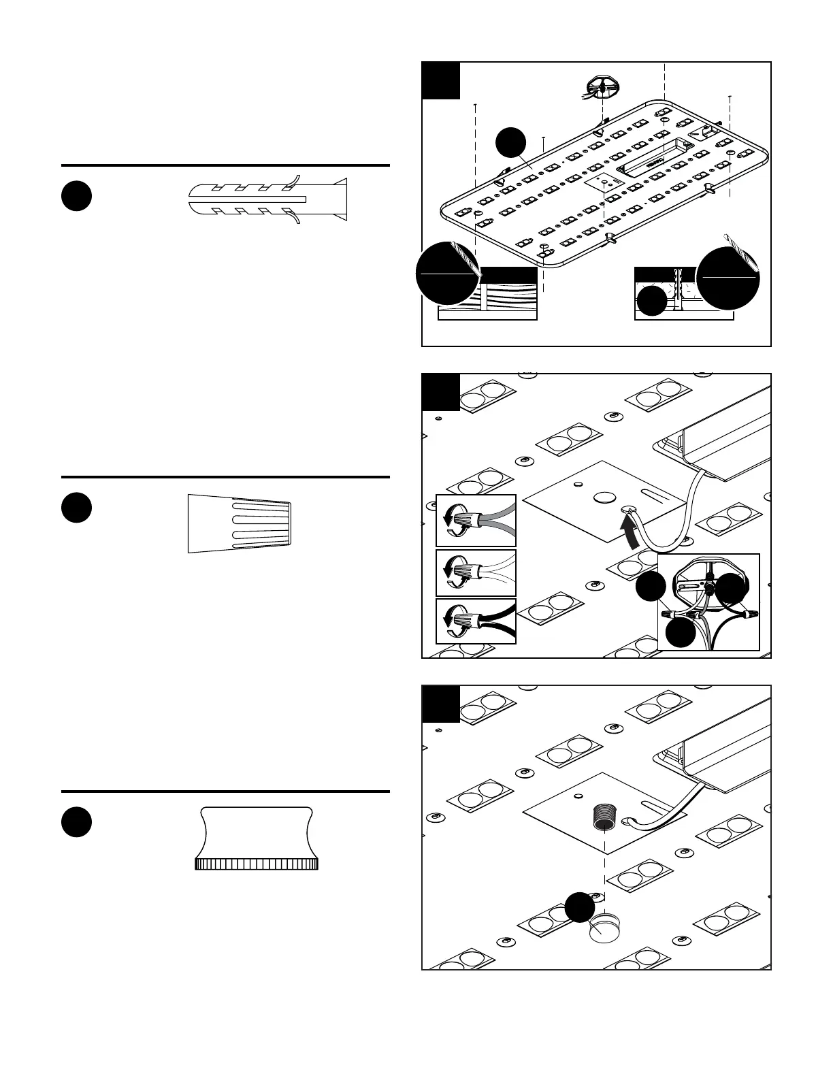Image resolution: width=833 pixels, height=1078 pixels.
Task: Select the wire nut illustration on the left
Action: tap(240, 524)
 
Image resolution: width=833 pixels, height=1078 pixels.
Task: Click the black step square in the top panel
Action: tap(441, 80)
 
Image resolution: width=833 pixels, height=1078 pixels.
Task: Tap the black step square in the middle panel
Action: tap(441, 392)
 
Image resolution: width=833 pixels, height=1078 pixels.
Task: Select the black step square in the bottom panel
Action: tap(441, 704)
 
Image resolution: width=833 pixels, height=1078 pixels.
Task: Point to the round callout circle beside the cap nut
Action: tap(580, 908)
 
